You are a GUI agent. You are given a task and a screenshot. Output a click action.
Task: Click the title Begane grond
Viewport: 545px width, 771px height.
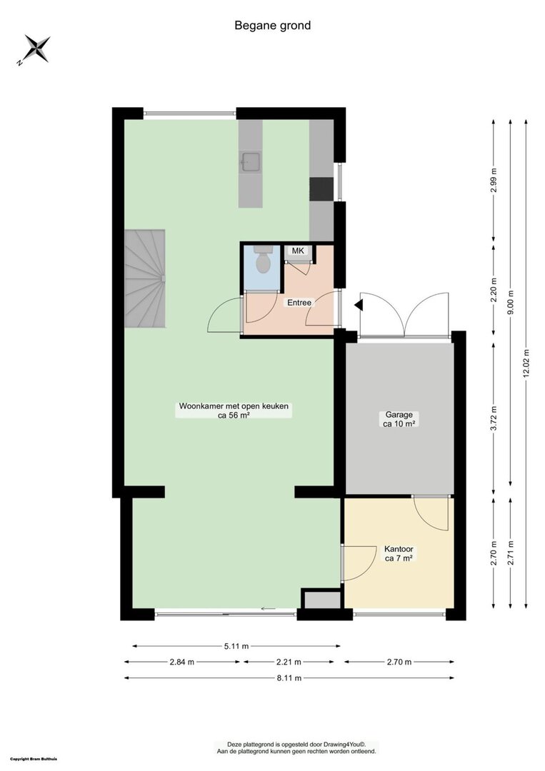[273, 26]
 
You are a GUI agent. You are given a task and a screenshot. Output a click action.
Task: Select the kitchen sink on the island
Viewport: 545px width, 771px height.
[251, 162]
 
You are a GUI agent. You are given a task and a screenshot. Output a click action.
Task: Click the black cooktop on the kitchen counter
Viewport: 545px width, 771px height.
[321, 189]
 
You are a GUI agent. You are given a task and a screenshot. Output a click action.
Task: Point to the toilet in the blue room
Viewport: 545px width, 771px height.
[264, 259]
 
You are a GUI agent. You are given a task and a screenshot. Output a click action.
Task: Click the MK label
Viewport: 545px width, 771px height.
[298, 251]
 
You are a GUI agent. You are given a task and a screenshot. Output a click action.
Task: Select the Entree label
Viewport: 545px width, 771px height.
[299, 303]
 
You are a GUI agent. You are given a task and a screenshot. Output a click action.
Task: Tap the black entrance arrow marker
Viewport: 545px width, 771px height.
[359, 306]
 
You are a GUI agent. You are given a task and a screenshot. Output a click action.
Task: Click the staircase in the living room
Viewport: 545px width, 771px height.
[144, 278]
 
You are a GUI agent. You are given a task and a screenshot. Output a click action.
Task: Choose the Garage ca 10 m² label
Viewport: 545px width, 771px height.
[399, 420]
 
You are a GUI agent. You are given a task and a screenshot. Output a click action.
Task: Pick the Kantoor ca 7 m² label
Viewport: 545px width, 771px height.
[399, 554]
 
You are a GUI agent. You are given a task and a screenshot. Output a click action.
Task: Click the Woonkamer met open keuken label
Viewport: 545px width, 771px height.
[234, 407]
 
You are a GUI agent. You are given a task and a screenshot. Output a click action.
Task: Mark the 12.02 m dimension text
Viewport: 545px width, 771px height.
[527, 364]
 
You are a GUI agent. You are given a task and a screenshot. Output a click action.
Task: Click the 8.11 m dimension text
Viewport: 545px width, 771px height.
[289, 678]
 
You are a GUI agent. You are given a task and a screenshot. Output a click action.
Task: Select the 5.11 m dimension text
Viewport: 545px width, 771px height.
[236, 646]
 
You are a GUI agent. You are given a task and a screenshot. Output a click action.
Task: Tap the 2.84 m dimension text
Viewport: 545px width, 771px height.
[182, 662]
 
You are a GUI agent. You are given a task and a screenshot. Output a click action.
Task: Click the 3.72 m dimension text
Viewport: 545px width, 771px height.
[494, 418]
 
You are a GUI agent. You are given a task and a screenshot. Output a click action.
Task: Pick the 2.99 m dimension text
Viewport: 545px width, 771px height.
[494, 181]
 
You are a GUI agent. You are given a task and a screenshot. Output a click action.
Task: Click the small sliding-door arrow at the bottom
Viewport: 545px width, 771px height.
[269, 609]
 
